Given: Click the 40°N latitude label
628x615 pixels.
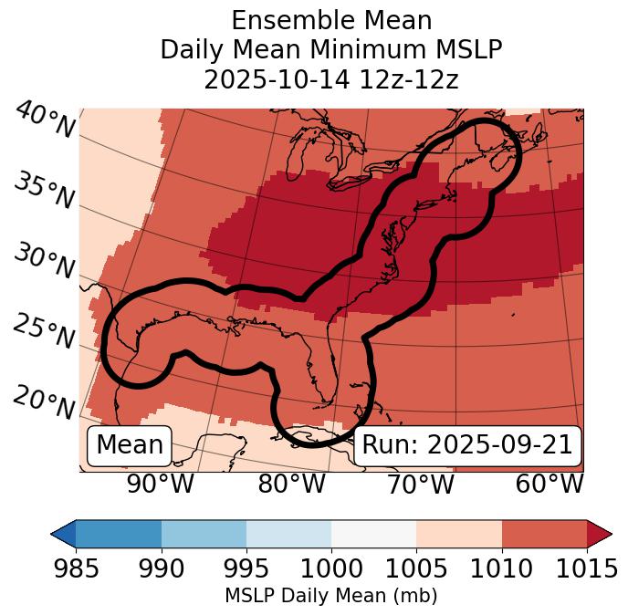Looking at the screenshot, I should point(45,121).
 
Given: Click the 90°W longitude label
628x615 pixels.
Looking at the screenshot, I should point(161,485).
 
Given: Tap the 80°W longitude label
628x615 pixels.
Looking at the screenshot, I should point(291,485).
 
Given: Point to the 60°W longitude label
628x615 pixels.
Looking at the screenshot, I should point(549,485).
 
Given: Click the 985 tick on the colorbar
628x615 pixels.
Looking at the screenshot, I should point(76,568).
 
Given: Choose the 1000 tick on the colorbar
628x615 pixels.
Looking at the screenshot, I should point(331,568).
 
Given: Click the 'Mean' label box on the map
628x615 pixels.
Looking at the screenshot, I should point(130,445).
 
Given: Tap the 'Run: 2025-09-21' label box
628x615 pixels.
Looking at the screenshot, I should point(467,445).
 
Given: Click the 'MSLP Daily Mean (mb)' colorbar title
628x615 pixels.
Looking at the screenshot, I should point(330,596).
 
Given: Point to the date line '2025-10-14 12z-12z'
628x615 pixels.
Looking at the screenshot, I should point(330,79).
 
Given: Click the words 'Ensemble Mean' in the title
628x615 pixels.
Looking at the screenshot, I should point(330,20).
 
